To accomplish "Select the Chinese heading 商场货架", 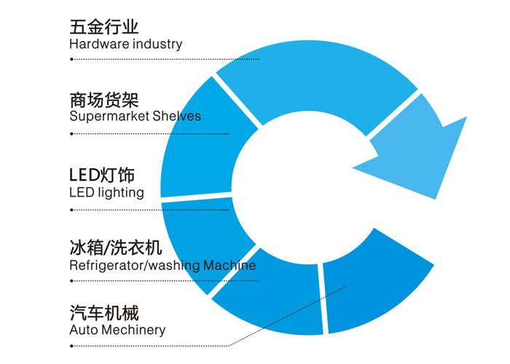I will click(x=103, y=100).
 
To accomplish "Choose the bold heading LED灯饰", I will click(x=102, y=175).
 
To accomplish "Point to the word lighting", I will click(x=121, y=193).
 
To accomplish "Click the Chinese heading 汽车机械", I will click(x=103, y=313).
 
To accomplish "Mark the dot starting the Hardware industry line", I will click(x=71, y=59).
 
